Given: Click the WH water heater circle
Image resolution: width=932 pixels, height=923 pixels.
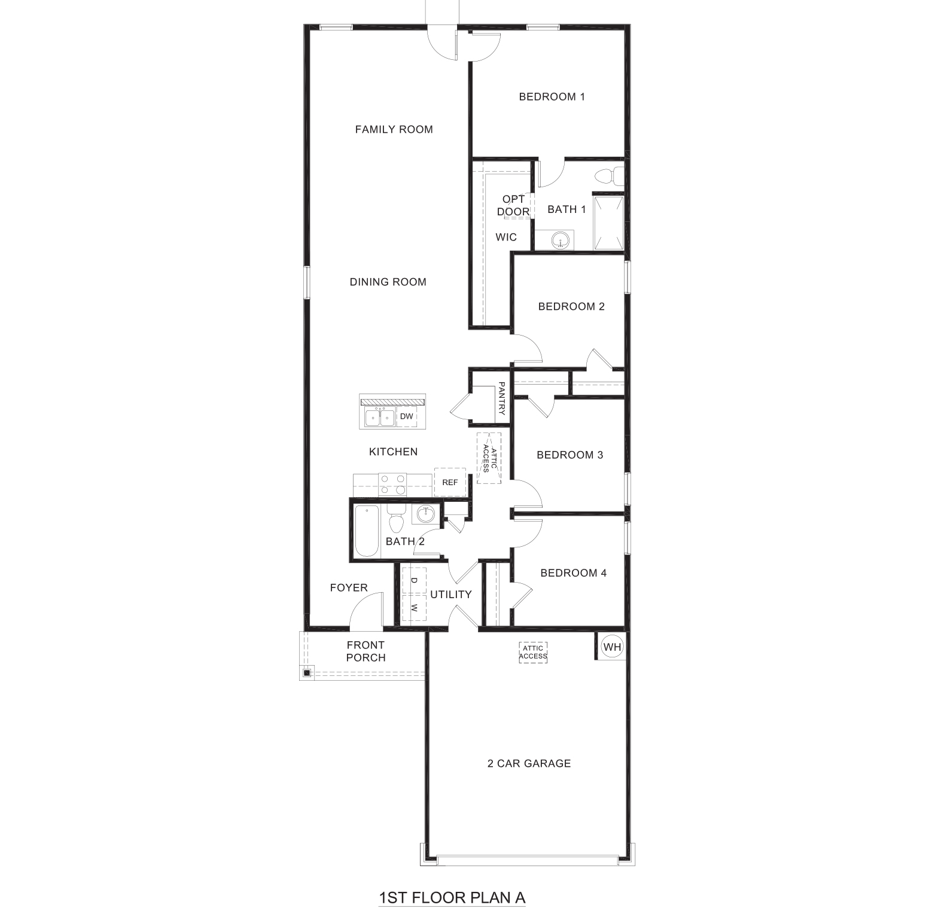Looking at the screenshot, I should coord(612,647).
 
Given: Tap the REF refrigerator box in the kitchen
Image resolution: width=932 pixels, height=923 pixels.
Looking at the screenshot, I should coord(450,482).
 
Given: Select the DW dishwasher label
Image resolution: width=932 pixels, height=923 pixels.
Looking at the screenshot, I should coord(407,416).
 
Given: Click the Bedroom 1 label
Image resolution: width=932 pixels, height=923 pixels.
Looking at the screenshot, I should coord(552,96).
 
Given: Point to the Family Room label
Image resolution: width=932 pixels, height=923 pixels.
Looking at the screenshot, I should coord(394,129).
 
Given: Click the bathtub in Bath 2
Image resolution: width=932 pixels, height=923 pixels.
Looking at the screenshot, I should coord(366,531).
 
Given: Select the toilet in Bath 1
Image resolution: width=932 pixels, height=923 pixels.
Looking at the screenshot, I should coord(607,176).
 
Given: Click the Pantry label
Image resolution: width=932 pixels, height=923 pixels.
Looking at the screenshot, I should coord(501,399).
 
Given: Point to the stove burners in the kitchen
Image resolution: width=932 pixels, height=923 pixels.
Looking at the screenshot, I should coord(392,484).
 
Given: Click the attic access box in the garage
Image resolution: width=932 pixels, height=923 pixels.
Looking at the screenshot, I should coord(533,652).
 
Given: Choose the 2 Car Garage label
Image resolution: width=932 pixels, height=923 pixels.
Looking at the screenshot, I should coord(529,763).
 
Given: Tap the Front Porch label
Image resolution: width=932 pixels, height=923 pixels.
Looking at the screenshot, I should coord(366,651).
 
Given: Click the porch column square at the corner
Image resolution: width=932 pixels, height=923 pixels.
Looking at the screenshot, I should coord(306,674).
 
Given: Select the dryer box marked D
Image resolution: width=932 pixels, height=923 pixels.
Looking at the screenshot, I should coord(414,580).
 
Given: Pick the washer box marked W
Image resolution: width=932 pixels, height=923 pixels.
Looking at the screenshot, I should coord(414,608).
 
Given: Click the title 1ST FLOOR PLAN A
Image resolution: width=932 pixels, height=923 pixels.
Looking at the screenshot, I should coord(452,898).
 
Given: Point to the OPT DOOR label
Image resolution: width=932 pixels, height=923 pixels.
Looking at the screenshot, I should coord(513,205).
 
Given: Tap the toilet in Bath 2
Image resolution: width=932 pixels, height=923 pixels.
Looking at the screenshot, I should coord(396,522).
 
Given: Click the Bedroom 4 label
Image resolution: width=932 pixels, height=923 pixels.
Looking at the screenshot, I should coord(573,573).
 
